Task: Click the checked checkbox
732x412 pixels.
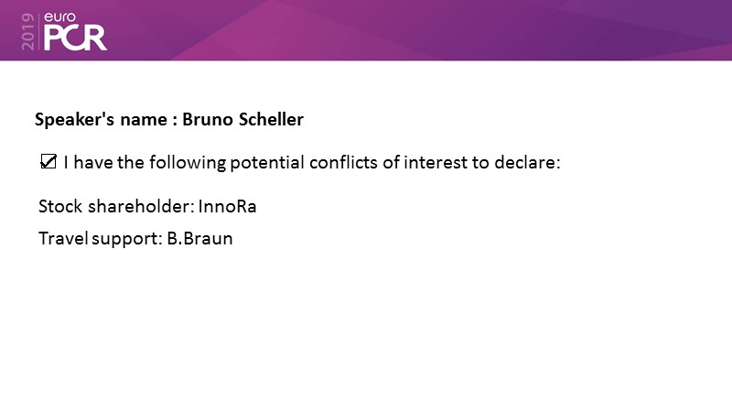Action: click(x=48, y=162)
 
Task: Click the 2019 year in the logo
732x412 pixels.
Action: click(x=28, y=32)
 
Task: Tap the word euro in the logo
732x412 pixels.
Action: click(x=59, y=17)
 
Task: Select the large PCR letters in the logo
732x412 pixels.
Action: click(x=75, y=38)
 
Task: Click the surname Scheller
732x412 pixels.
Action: click(x=271, y=119)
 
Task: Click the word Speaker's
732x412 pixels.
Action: click(x=74, y=120)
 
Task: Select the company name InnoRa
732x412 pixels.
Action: click(x=227, y=207)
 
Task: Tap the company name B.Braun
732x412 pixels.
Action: click(x=199, y=238)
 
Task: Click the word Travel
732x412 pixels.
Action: click(x=63, y=238)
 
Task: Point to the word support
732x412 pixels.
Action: click(x=127, y=239)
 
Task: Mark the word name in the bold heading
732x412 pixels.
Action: click(x=144, y=120)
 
